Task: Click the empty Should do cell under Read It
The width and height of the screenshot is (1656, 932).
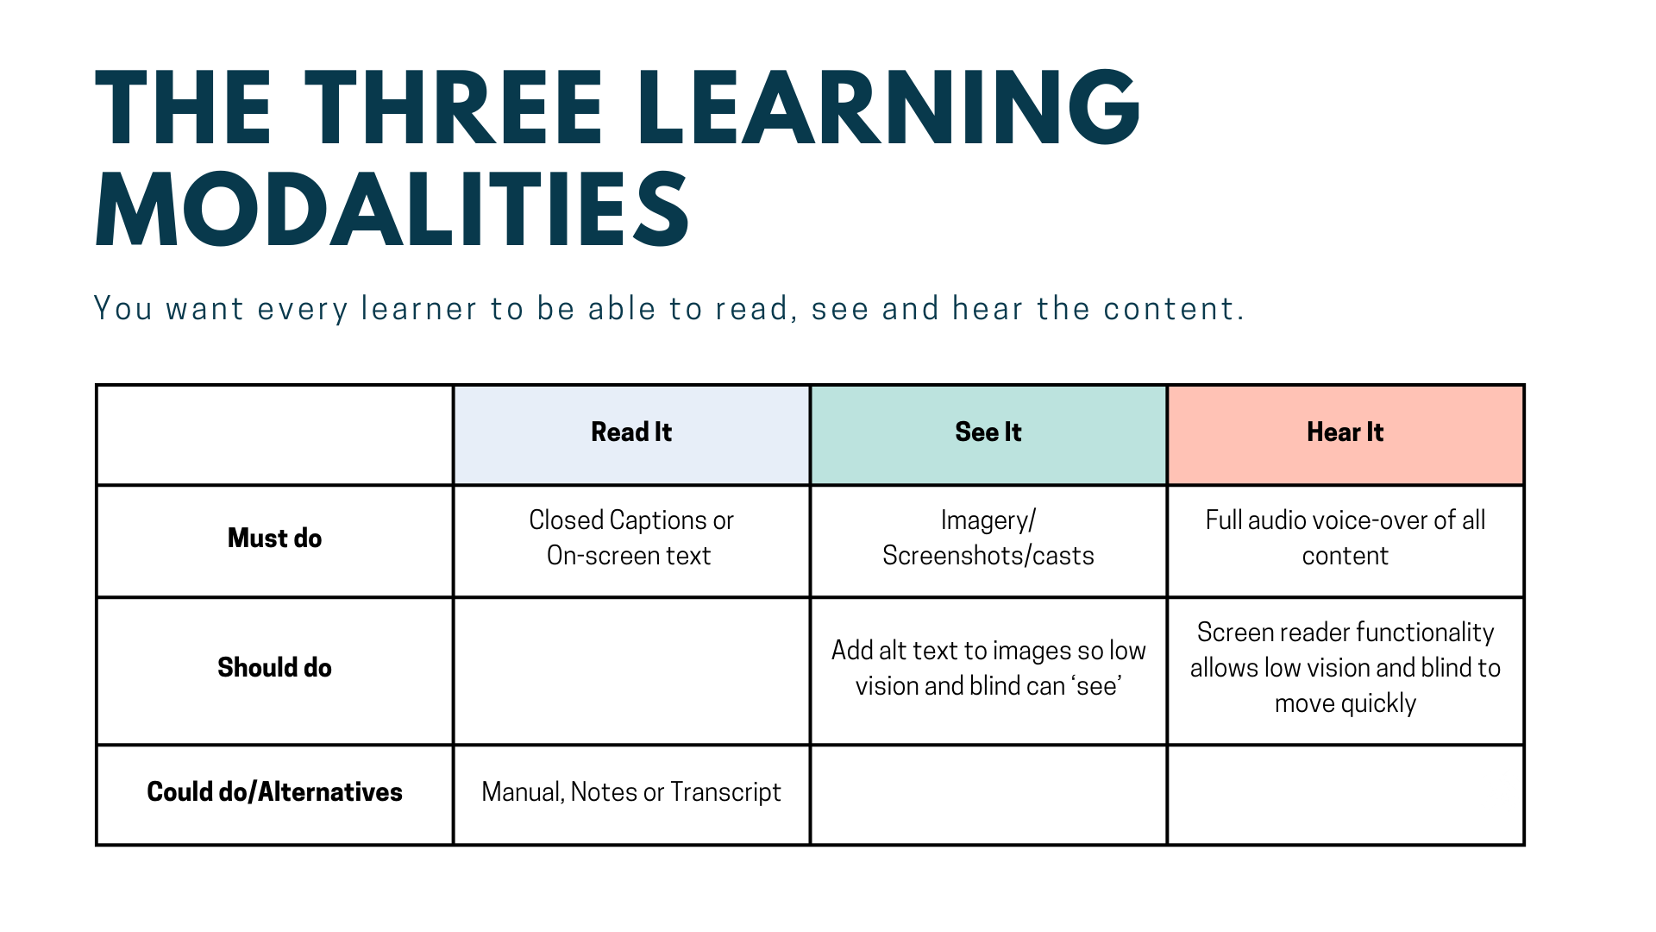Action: point(631,671)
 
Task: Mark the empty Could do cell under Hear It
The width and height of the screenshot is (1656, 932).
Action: point(1345,795)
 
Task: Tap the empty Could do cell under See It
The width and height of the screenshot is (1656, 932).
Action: point(988,795)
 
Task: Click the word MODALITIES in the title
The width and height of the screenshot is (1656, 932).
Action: point(392,210)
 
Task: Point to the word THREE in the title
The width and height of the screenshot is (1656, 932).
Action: point(454,107)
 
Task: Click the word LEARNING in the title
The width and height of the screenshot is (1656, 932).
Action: point(890,107)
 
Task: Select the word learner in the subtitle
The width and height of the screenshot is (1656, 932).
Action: point(419,309)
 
